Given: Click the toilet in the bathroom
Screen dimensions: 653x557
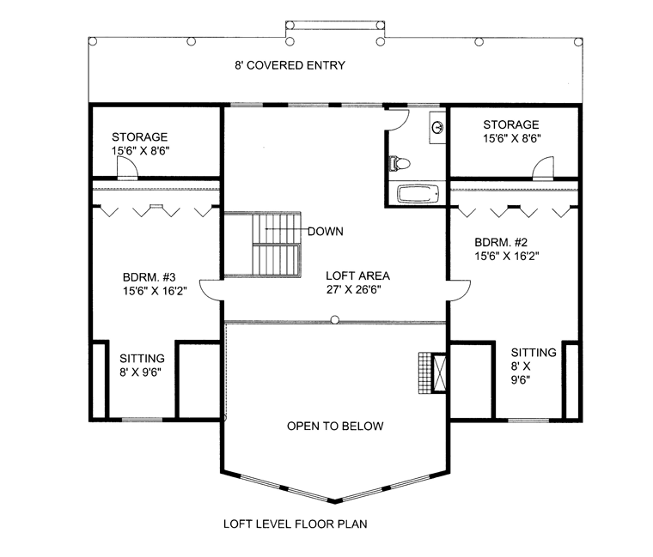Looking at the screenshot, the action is (400, 163).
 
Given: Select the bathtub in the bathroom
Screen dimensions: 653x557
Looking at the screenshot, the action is (418, 194).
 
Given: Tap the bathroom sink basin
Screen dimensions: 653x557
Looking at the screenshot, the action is (437, 127).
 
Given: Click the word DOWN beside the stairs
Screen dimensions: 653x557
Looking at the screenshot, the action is (326, 231).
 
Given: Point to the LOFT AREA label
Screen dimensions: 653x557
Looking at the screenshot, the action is (357, 275).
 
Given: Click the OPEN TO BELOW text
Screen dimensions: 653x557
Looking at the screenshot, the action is (335, 426).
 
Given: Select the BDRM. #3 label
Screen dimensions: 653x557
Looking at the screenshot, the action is (150, 277).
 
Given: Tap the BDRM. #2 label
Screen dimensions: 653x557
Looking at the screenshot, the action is (501, 242).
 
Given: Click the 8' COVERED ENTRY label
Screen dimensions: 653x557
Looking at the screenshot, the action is (290, 65).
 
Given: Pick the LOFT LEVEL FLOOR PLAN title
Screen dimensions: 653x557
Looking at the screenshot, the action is (296, 524).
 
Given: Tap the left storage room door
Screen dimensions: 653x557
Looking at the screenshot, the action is (127, 168).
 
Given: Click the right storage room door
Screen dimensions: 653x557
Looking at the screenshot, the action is (544, 168).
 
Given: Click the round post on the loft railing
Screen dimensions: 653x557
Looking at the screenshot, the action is (335, 320).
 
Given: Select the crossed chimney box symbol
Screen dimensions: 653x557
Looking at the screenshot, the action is (438, 372).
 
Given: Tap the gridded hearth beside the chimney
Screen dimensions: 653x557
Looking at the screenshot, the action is (424, 372).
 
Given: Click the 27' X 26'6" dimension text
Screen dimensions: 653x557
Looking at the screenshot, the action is (354, 289).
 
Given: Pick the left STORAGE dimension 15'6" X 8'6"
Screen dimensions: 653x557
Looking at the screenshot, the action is (140, 150).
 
